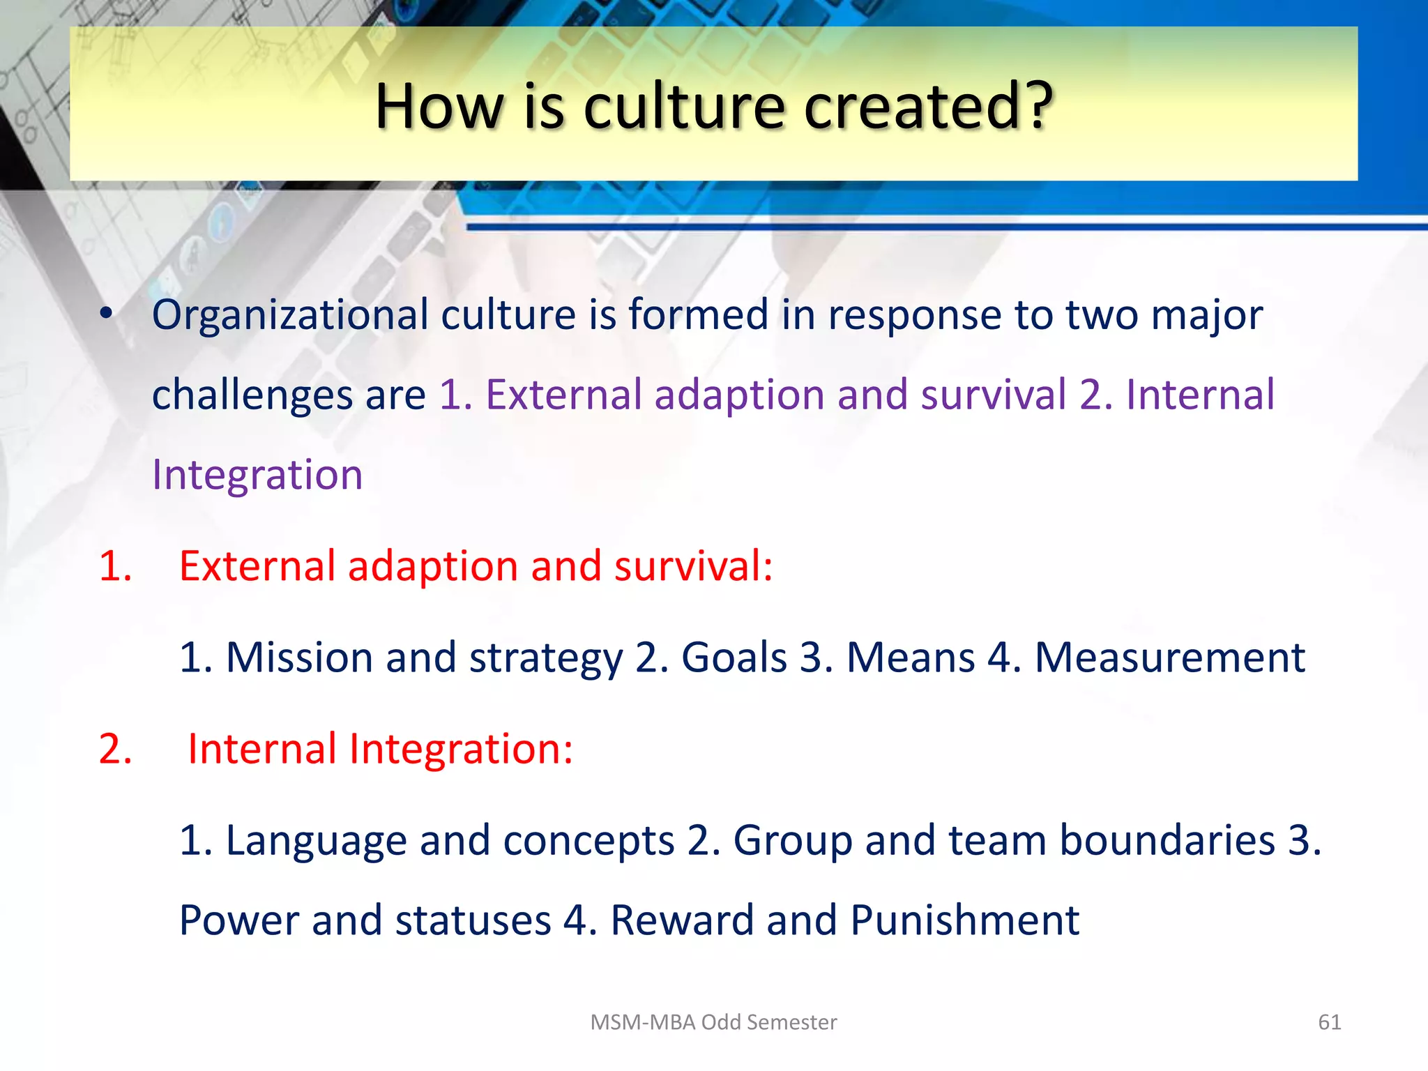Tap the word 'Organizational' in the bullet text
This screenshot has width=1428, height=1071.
pyautogui.click(x=290, y=315)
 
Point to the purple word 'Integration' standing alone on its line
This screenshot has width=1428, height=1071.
pyautogui.click(x=257, y=475)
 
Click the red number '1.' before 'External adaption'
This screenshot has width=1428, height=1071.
pyautogui.click(x=115, y=565)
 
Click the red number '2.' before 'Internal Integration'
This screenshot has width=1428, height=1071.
pyautogui.click(x=115, y=749)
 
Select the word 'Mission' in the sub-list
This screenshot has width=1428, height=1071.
pyautogui.click(x=300, y=658)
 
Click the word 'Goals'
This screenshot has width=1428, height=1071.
pyautogui.click(x=734, y=658)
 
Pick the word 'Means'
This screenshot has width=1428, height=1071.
pyautogui.click(x=910, y=658)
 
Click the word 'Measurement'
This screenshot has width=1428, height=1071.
pyautogui.click(x=1169, y=658)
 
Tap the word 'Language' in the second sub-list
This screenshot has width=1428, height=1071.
pyautogui.click(x=316, y=841)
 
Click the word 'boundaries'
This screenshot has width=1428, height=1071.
pyautogui.click(x=1167, y=840)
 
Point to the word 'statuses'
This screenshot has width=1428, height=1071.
pyautogui.click(x=473, y=920)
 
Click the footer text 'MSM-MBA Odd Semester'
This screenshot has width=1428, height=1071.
pyautogui.click(x=713, y=1022)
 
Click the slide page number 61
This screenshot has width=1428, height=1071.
pyautogui.click(x=1329, y=1022)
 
